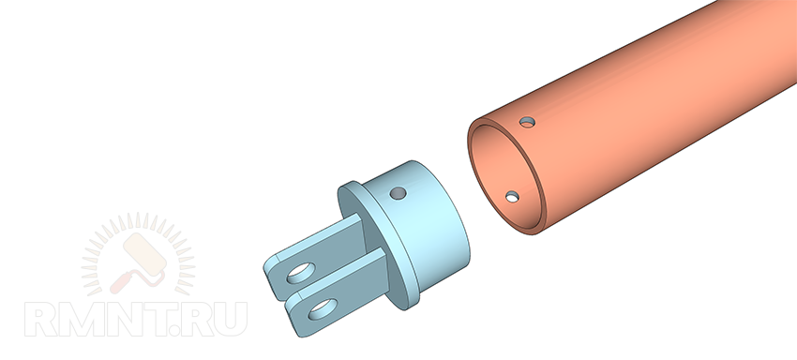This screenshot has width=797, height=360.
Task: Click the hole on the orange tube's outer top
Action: pyautogui.click(x=527, y=122)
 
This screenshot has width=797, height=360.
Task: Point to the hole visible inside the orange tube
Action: pyautogui.click(x=512, y=196)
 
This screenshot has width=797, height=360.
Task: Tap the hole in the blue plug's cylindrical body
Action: pyautogui.click(x=398, y=193)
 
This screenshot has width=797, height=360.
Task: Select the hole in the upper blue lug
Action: pyautogui.click(x=301, y=273)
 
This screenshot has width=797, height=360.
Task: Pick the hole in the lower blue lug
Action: pyautogui.click(x=323, y=309)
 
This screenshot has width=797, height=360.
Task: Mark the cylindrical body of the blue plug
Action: pyautogui.click(x=422, y=224)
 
